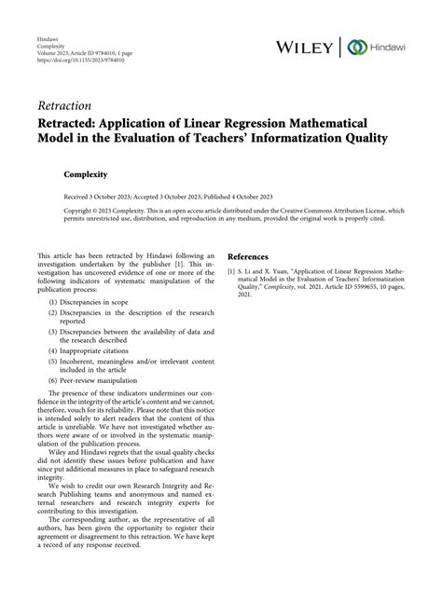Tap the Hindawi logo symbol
tap(355, 47)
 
